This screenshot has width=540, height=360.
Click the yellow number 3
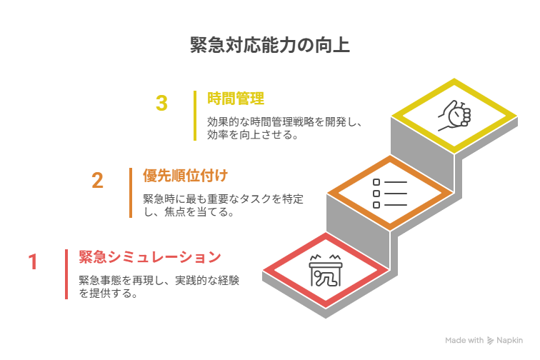point(162,104)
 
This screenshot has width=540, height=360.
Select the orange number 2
point(98,180)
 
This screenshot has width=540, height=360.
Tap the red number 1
point(33,262)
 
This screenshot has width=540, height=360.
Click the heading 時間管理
point(236,99)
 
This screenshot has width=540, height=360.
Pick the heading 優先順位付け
point(185,175)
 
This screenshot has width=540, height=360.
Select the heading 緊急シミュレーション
point(150,256)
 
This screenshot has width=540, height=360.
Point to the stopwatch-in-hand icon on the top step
point(454,114)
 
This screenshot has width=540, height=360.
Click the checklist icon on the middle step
point(389,193)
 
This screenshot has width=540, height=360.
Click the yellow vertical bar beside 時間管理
point(195,116)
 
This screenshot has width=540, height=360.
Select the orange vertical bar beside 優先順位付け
point(131,192)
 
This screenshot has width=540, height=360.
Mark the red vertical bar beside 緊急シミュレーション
point(66,274)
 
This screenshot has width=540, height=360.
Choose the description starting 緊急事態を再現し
point(159,286)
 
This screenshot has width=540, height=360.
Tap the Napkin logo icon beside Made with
point(491,341)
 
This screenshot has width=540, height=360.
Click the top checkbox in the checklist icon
point(376,182)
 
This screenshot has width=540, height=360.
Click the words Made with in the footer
point(464,341)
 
